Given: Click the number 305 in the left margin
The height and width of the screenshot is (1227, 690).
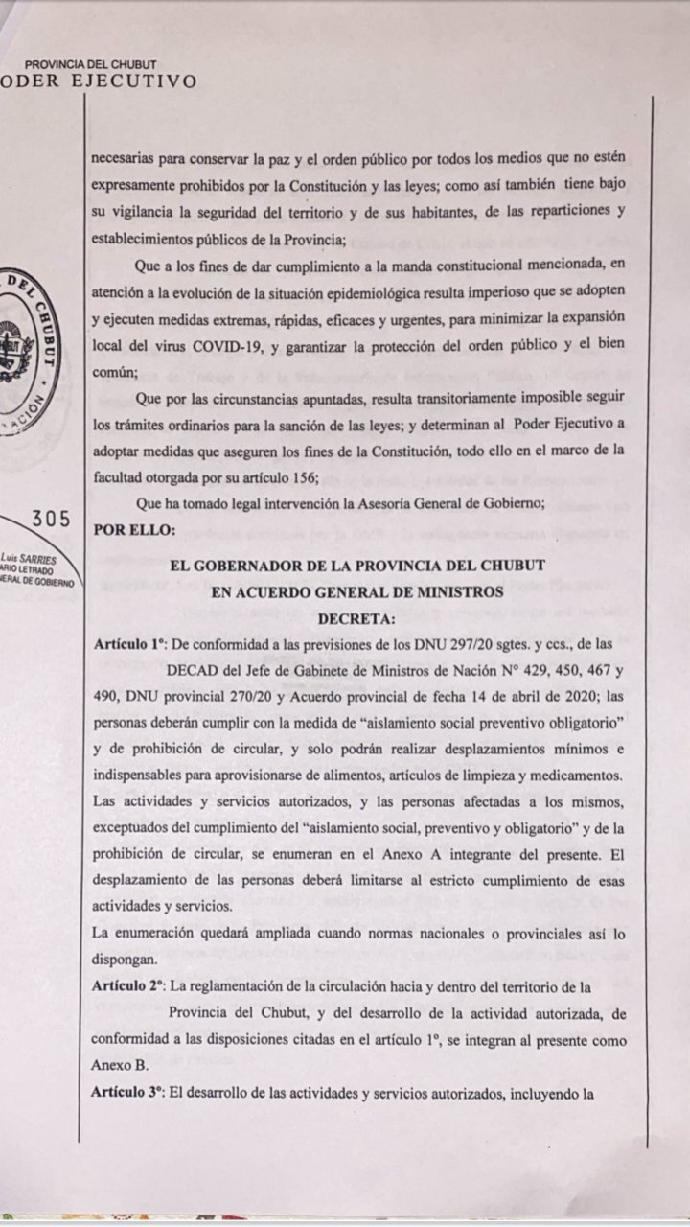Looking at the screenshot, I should pos(51,519).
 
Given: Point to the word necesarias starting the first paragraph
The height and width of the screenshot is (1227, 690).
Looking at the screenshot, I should pos(127,155).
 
